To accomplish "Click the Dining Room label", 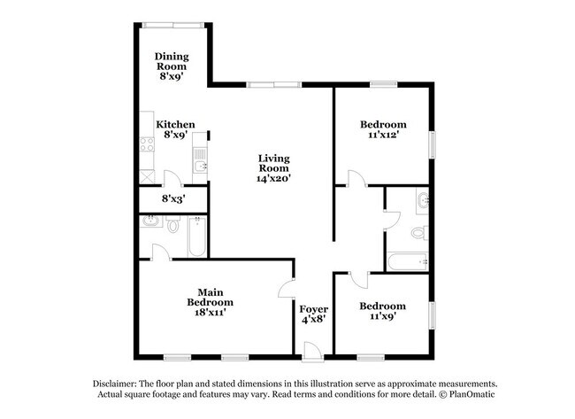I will (172, 59).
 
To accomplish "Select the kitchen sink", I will (201, 163).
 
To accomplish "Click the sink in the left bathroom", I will (149, 224).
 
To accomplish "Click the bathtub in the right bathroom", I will (409, 261).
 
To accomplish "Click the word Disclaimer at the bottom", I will (118, 382).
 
